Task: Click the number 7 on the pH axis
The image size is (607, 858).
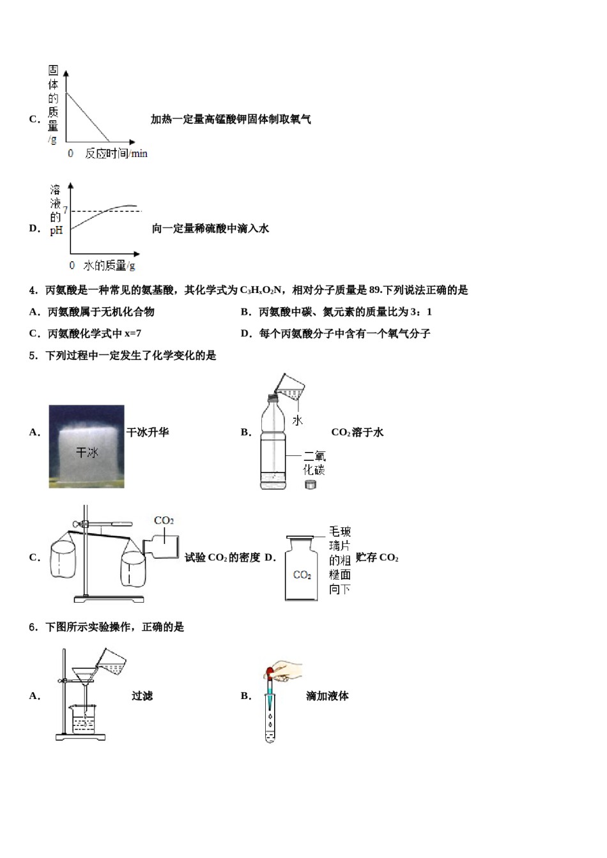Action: tap(65, 210)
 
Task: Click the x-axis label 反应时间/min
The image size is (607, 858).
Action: tap(116, 153)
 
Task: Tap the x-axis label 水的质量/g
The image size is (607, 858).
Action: tap(109, 266)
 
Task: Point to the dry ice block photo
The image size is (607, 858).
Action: tap(86, 446)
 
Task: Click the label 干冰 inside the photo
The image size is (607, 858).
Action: tap(87, 452)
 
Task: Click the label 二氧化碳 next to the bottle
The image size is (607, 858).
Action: tap(314, 463)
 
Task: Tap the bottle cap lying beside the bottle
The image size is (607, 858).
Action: tap(311, 485)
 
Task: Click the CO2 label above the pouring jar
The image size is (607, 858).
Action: tap(164, 521)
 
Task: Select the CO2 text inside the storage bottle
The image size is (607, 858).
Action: tap(302, 575)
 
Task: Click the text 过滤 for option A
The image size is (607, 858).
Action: tap(142, 696)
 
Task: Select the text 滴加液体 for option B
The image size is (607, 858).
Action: tap(327, 696)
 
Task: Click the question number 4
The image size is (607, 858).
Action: tap(33, 290)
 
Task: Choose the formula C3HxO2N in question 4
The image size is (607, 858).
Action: tap(260, 290)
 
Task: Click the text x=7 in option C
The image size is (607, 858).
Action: tap(133, 333)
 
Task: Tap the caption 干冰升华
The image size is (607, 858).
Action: tap(148, 432)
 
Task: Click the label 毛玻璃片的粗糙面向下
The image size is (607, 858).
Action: tap(339, 560)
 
